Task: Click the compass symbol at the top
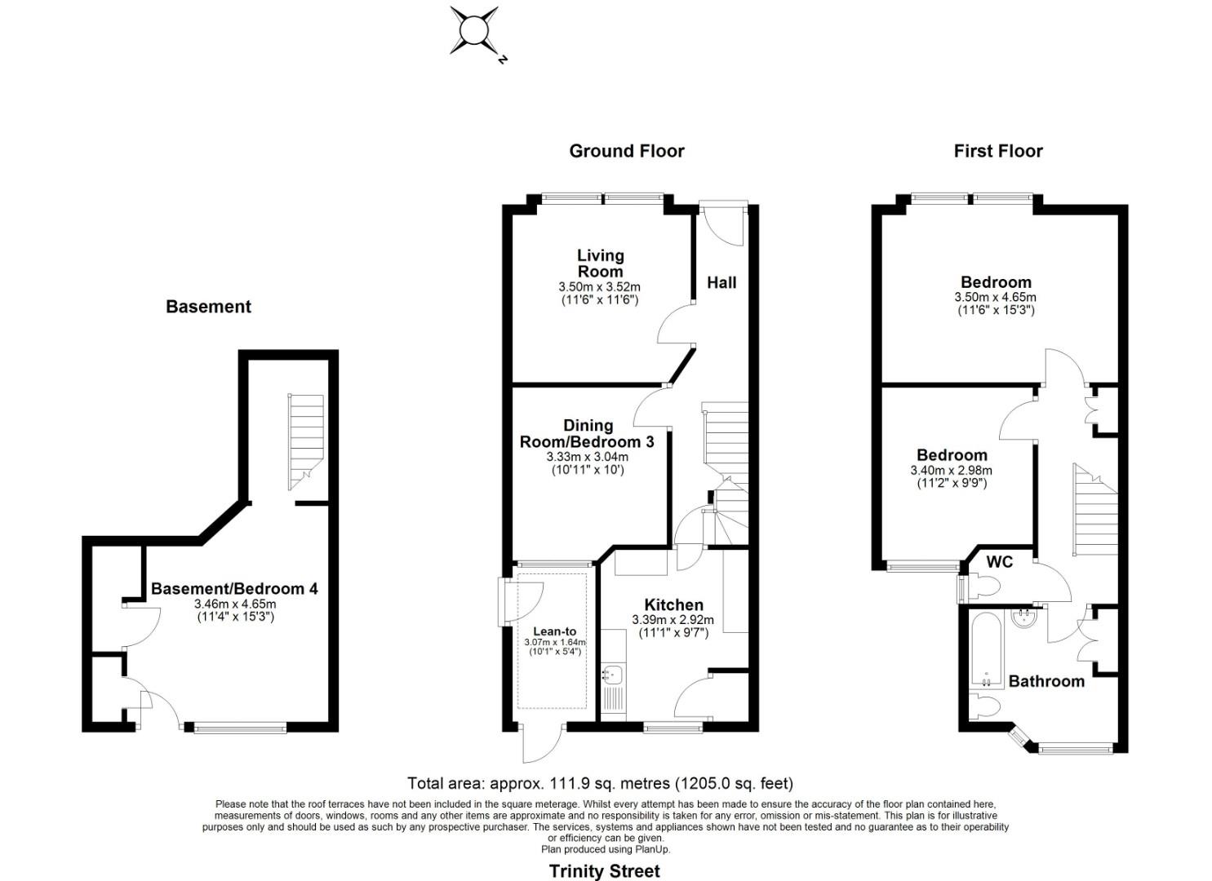[474, 31]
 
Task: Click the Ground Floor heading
[626, 151]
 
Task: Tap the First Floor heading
[997, 151]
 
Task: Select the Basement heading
[208, 307]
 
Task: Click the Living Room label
[600, 263]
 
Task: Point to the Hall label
[721, 282]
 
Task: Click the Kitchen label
[673, 604]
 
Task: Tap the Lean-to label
[554, 631]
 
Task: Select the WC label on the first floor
[999, 562]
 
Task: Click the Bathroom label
[1046, 681]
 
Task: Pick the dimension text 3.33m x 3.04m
[587, 457]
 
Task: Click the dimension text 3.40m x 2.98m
[951, 470]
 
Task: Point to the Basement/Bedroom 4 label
[234, 589]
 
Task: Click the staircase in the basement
[305, 441]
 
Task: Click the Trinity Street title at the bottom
[604, 870]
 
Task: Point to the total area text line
[600, 784]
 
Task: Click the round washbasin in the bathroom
[1022, 619]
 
